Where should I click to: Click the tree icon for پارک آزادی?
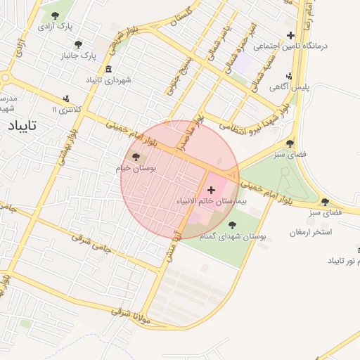56,15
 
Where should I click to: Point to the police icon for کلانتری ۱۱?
66,98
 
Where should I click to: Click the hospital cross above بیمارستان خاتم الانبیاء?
211,190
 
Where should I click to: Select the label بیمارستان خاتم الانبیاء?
211,202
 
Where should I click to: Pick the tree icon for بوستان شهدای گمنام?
232,225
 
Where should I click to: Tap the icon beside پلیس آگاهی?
290,77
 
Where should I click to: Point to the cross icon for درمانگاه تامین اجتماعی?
290,35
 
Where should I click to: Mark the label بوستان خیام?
134,169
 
